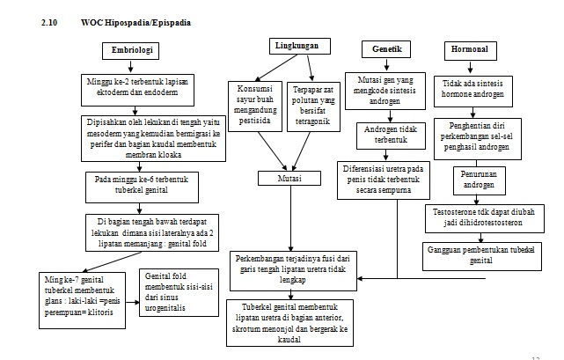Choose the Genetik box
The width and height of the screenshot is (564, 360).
387,49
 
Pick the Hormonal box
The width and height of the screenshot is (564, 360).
468,49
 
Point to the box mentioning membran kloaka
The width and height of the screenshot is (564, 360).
146,136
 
